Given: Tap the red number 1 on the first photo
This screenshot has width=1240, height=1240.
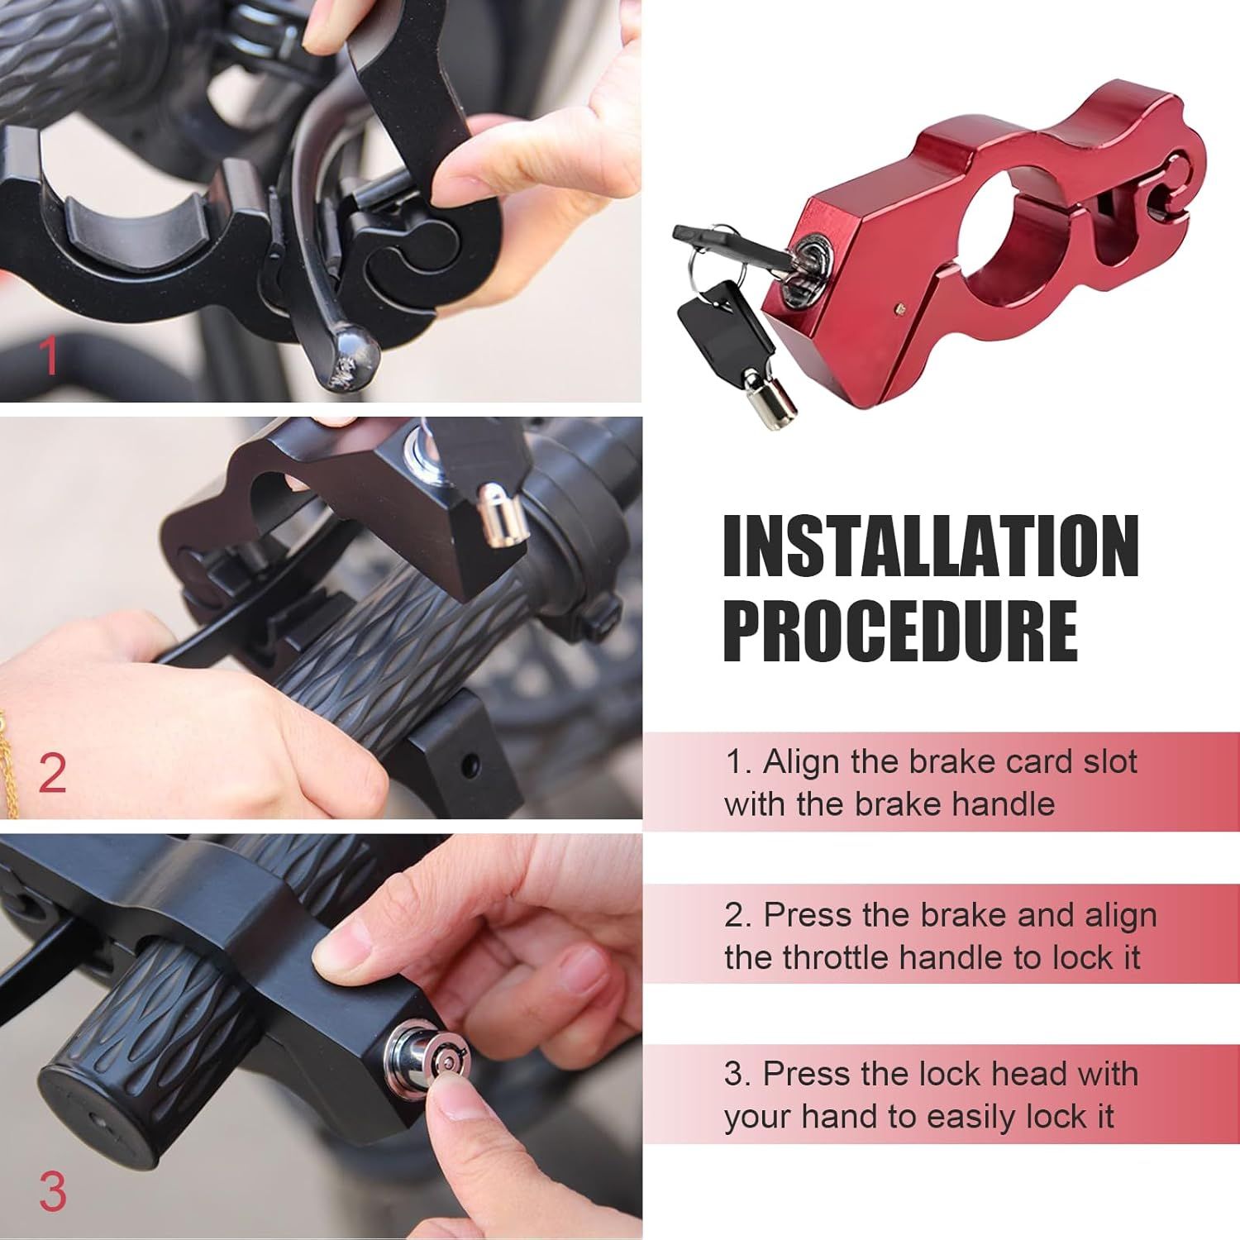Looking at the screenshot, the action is pyautogui.click(x=50, y=355).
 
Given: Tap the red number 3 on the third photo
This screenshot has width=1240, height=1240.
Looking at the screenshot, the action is pyautogui.click(x=52, y=1193).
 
